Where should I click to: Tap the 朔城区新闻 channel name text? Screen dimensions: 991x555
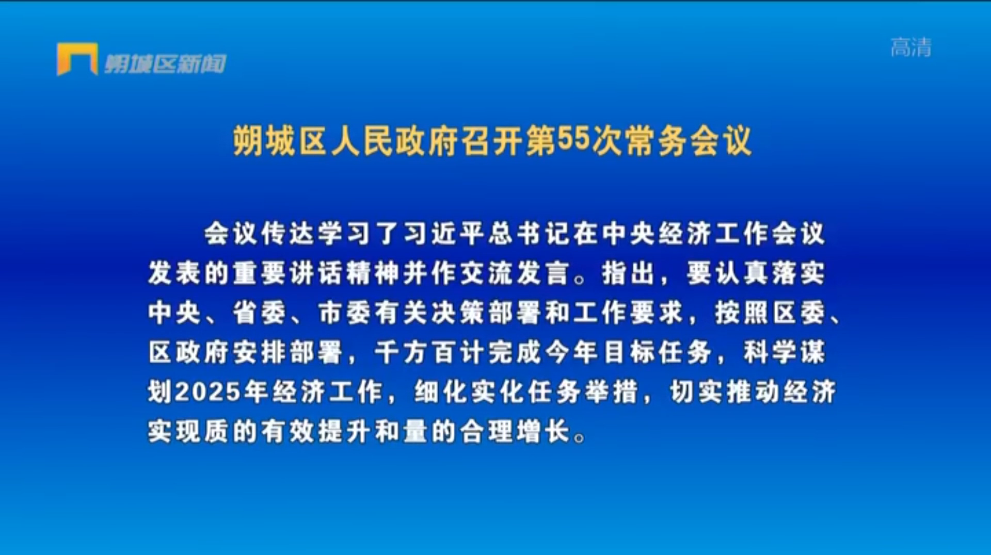coord(166,64)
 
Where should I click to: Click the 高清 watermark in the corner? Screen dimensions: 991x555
coord(911,47)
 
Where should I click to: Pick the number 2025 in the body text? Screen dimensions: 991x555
coord(209,392)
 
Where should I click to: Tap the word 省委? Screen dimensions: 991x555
coord(259,313)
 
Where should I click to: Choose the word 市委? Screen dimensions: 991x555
coord(344,313)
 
